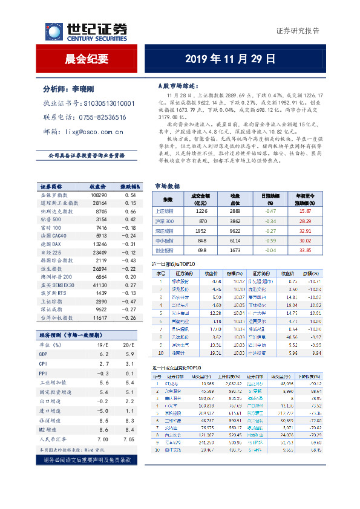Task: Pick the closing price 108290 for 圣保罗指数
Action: [99, 195]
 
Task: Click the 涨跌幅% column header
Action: [130, 187]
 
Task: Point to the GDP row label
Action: [43, 353]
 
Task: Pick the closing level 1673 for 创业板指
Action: [235, 249]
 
